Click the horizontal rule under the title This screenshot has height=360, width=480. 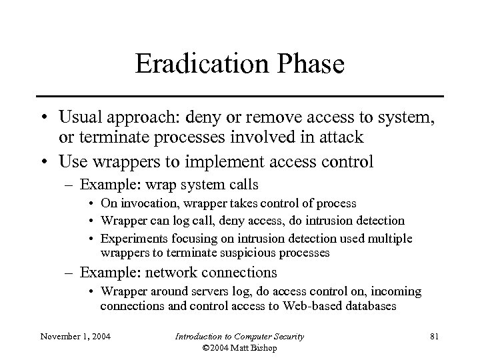click(x=239, y=96)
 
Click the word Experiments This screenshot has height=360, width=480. click(x=131, y=239)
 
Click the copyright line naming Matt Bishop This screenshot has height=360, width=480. click(x=239, y=348)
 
